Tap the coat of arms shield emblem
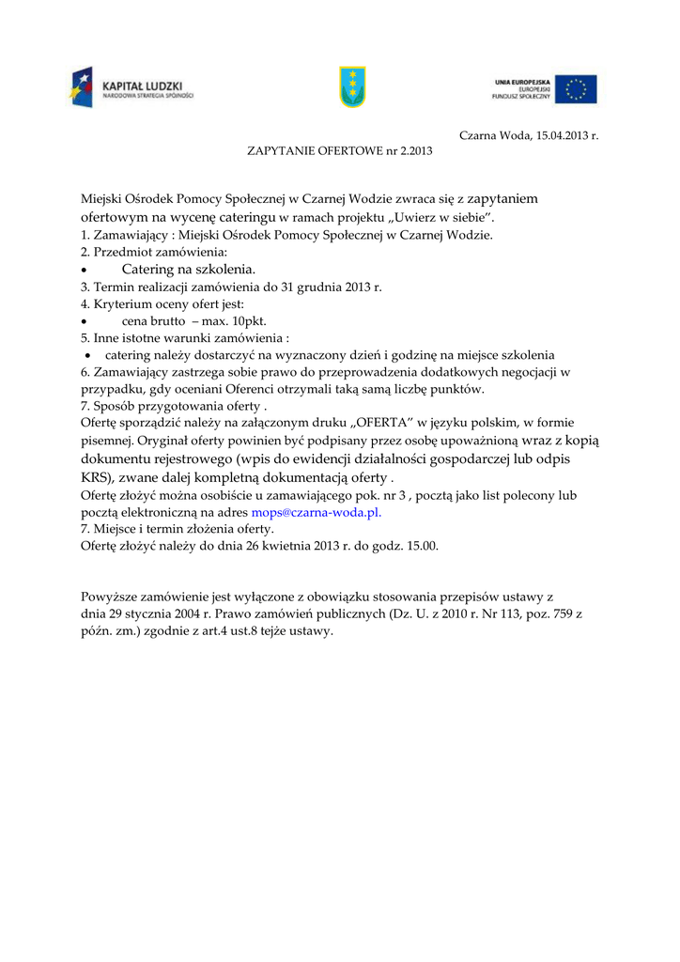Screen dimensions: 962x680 [352, 86]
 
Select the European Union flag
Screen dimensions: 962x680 [575, 89]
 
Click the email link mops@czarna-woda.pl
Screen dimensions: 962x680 [317, 513]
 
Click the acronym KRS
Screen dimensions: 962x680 [97, 477]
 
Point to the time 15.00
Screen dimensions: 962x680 [422, 545]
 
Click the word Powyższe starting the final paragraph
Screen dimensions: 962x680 [110, 596]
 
